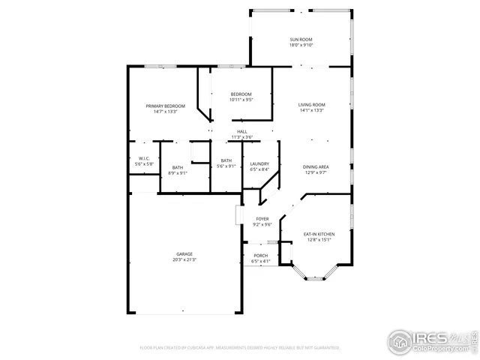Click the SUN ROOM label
301,38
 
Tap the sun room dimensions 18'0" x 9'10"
301,44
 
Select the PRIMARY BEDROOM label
165,106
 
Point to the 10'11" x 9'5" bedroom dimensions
241,99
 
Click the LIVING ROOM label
311,104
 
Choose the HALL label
242,131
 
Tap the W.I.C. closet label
143,158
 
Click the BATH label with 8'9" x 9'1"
178,167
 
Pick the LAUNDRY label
259,163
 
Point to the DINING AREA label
315,166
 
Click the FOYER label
262,218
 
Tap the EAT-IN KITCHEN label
319,235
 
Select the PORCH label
260,256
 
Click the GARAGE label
184,254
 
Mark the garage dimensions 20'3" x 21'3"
184,260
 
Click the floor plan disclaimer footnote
240,347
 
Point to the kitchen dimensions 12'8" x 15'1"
319,241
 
